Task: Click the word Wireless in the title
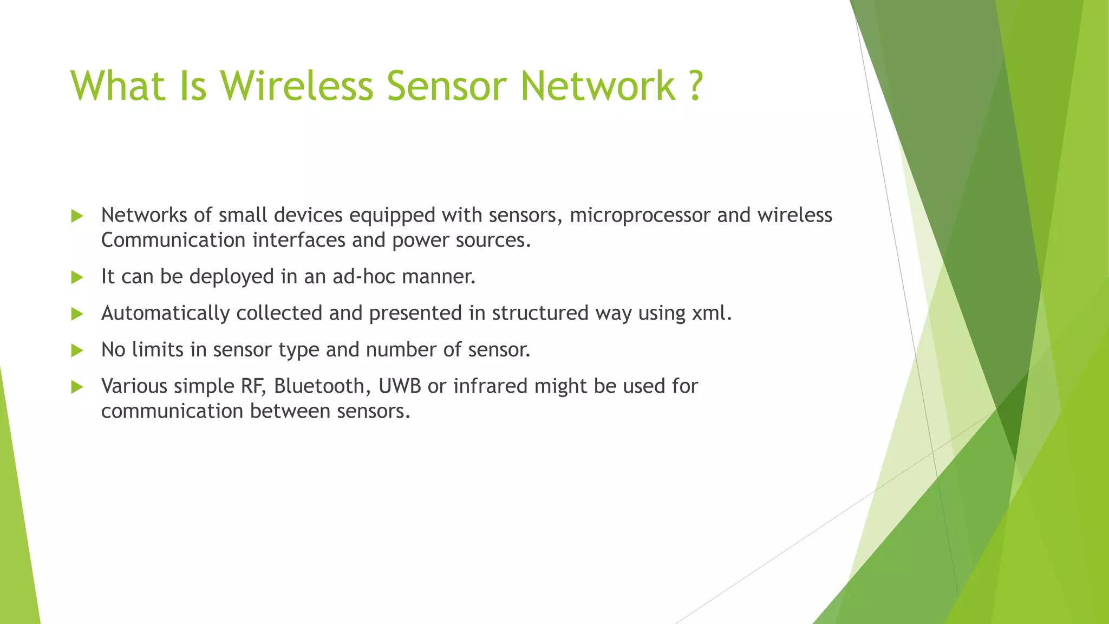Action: coord(297,86)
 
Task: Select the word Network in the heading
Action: coord(598,86)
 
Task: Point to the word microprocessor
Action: coord(640,216)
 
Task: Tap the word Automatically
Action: coord(165,313)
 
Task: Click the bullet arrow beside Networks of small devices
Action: coord(77,217)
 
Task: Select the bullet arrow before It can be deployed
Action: coord(77,278)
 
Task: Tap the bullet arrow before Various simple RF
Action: coord(77,387)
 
